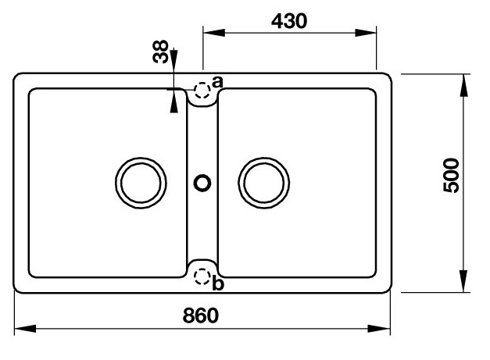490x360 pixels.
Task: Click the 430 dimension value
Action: click(x=289, y=20)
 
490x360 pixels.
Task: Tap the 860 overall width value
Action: click(x=201, y=317)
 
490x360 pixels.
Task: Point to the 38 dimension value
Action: click(x=160, y=54)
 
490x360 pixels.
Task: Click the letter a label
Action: click(x=218, y=81)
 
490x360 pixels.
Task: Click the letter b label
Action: click(x=218, y=283)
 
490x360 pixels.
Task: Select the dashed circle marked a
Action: click(x=202, y=90)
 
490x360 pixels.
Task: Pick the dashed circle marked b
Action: click(x=202, y=276)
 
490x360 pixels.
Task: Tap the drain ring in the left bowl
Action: click(x=141, y=184)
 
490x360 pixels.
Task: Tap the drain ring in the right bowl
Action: click(x=263, y=184)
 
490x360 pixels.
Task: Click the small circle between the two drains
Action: click(x=202, y=184)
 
